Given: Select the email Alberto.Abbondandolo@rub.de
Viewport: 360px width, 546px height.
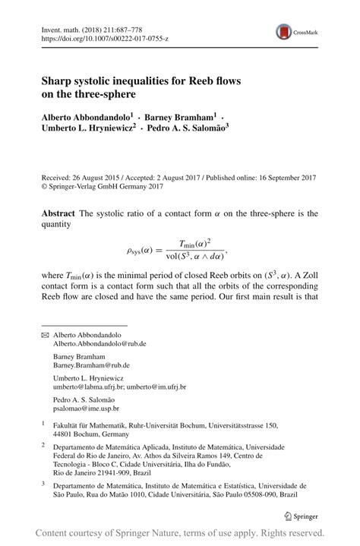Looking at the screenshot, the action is tap(99, 344).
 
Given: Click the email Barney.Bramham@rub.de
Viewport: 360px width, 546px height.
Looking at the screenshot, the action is tap(90, 365).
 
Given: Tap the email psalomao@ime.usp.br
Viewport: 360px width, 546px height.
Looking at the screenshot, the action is tap(86, 409).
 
